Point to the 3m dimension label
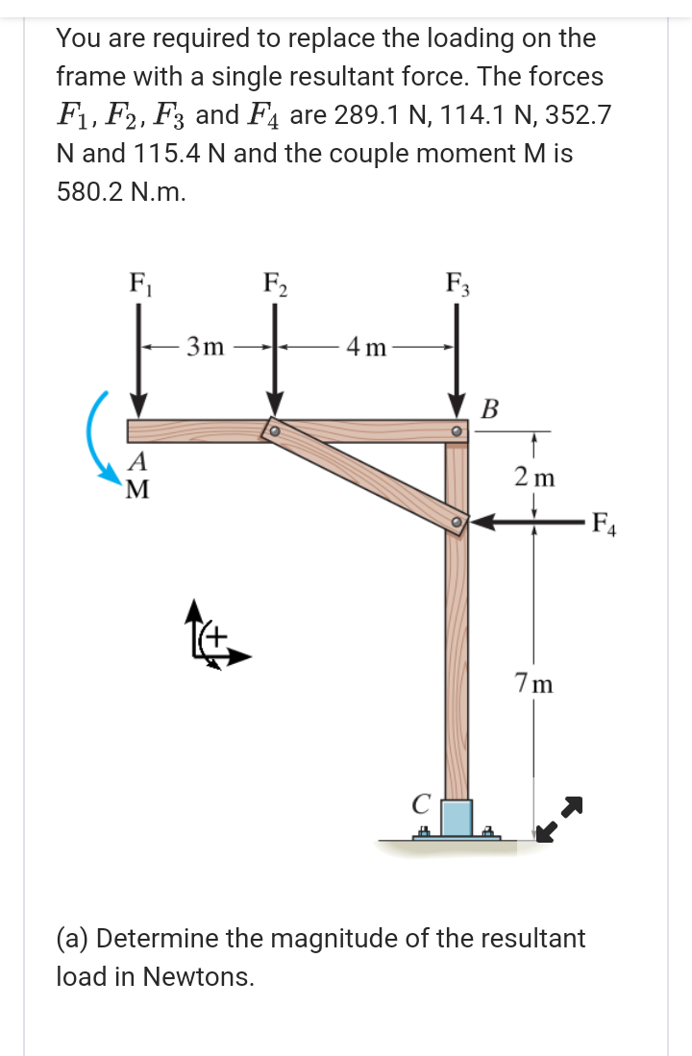(206, 346)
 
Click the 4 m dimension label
(367, 346)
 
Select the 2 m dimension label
(534, 476)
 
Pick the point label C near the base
(418, 803)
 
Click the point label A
(138, 460)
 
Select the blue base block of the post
(457, 818)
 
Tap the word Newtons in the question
(198, 976)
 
